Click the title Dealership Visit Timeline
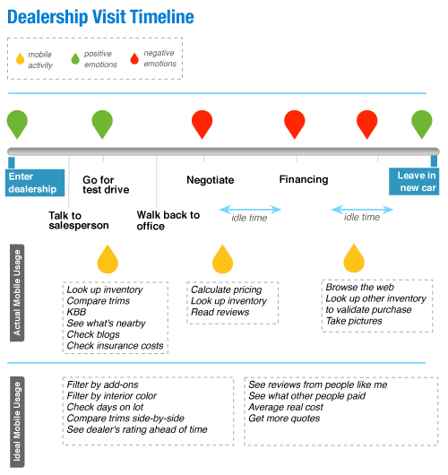(99, 17)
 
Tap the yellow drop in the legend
(21, 60)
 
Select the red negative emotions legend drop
(134, 59)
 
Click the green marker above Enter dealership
(17, 123)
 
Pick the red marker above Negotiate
(202, 123)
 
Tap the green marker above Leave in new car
(421, 123)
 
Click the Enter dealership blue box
(35, 182)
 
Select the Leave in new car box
(418, 181)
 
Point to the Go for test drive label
(106, 184)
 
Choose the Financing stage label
(304, 179)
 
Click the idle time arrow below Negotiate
(251, 211)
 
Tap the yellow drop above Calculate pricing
(222, 260)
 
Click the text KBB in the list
(77, 312)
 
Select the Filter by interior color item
(111, 395)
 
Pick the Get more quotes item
(284, 419)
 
